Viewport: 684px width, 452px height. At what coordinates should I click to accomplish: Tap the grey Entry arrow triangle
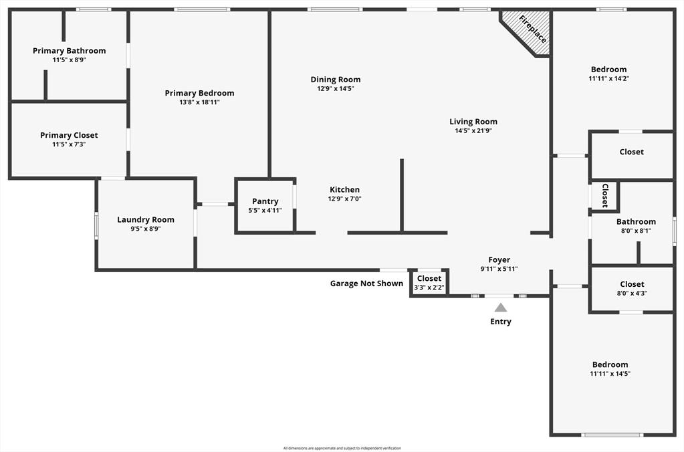pyautogui.click(x=501, y=308)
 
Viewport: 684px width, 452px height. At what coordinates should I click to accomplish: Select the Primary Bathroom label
pyautogui.click(x=70, y=51)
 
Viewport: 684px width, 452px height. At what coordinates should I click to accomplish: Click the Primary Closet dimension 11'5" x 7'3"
pyautogui.click(x=70, y=144)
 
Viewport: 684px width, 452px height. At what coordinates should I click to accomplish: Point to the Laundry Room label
pyautogui.click(x=146, y=220)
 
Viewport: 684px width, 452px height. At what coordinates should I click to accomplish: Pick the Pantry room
pyautogui.click(x=265, y=205)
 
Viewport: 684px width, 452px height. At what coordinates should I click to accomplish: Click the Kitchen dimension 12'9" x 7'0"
pyautogui.click(x=344, y=199)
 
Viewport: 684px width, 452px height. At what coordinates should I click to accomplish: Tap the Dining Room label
pyautogui.click(x=336, y=80)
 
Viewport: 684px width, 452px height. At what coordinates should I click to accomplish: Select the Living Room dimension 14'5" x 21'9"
pyautogui.click(x=473, y=131)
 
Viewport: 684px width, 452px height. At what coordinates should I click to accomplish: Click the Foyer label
pyautogui.click(x=499, y=260)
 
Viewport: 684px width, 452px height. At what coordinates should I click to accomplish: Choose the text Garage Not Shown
pyautogui.click(x=366, y=284)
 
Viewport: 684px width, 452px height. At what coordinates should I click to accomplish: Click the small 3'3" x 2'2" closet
pyautogui.click(x=429, y=283)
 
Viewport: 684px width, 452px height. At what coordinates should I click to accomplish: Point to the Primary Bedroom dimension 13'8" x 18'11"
pyautogui.click(x=199, y=102)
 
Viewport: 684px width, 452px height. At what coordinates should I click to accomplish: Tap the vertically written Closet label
pyautogui.click(x=604, y=195)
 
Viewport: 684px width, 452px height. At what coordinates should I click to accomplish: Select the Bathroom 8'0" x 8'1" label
pyautogui.click(x=636, y=222)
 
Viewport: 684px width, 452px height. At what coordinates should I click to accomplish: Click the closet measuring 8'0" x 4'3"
pyautogui.click(x=632, y=288)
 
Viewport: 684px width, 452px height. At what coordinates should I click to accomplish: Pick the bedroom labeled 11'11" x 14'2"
pyautogui.click(x=609, y=74)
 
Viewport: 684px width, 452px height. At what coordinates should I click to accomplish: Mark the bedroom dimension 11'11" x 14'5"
pyautogui.click(x=609, y=374)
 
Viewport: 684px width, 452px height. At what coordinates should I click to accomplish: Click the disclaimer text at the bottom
pyautogui.click(x=342, y=448)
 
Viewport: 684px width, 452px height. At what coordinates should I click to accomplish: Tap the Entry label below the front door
pyautogui.click(x=501, y=322)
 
